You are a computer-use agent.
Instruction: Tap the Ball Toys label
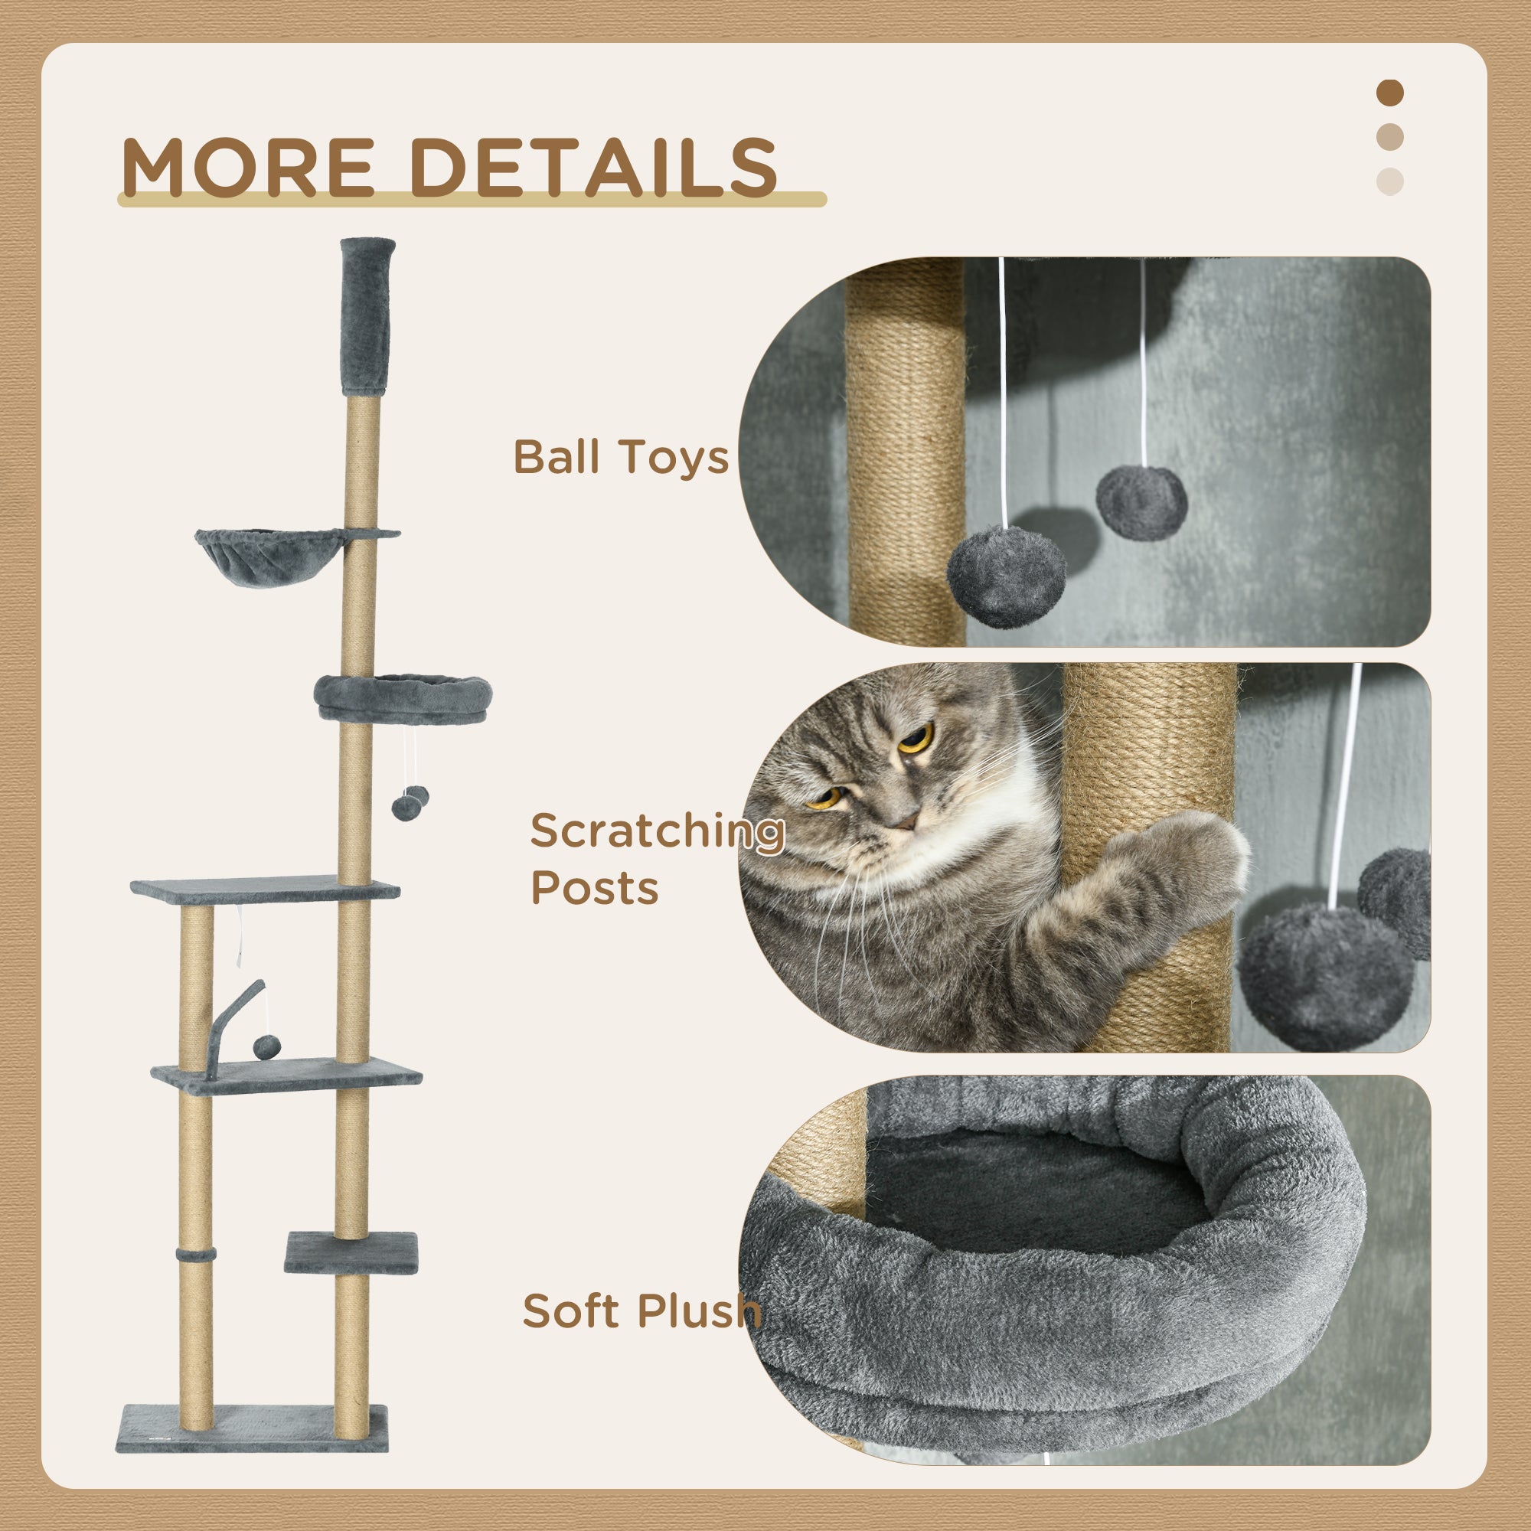click(x=621, y=457)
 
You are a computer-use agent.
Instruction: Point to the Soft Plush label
click(x=641, y=1311)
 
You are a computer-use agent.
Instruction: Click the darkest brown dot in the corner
click(x=1390, y=93)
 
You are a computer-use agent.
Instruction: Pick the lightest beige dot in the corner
click(x=1390, y=181)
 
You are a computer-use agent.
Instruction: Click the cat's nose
click(x=903, y=821)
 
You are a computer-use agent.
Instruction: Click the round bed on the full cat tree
click(x=403, y=697)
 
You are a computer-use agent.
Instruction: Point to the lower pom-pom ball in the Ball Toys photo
click(x=1006, y=576)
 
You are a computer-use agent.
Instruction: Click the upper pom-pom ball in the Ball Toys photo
click(x=1141, y=501)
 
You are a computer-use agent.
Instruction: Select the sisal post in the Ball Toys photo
click(x=906, y=452)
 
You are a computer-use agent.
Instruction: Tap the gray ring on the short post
click(x=196, y=1256)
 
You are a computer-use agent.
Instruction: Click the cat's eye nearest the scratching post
click(x=917, y=739)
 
